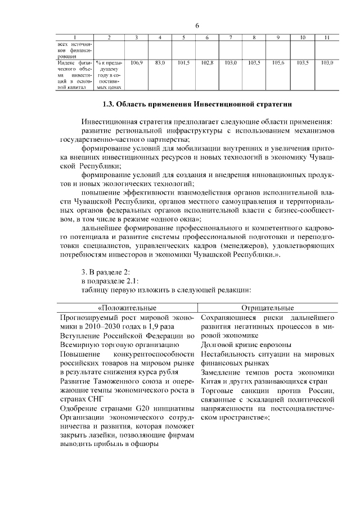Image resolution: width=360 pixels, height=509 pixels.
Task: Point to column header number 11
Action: (x=326, y=38)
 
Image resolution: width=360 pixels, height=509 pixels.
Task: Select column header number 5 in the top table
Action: (x=183, y=38)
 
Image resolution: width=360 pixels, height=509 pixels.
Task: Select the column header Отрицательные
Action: (x=267, y=308)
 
